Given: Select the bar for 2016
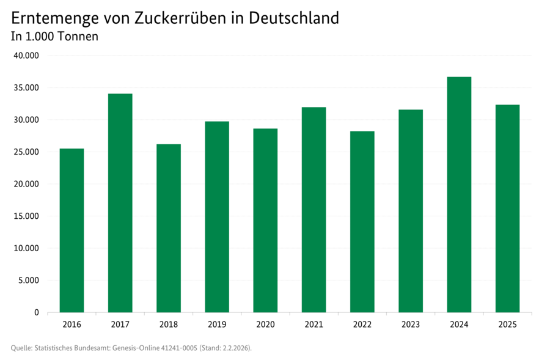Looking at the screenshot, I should tap(71, 230).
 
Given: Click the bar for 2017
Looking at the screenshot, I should tap(120, 203).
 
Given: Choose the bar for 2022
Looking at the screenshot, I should tap(362, 222).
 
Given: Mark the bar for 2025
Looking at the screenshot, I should tap(507, 208).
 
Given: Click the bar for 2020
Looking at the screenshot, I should tap(265, 221).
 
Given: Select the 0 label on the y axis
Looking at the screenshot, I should tap(37, 313).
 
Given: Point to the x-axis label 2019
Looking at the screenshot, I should tap(217, 325).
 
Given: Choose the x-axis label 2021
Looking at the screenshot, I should tap(313, 325).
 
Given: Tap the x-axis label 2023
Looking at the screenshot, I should tap(410, 325).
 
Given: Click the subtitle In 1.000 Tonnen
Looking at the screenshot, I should tap(55, 37).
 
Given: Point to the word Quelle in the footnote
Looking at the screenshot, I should tap(21, 348).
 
